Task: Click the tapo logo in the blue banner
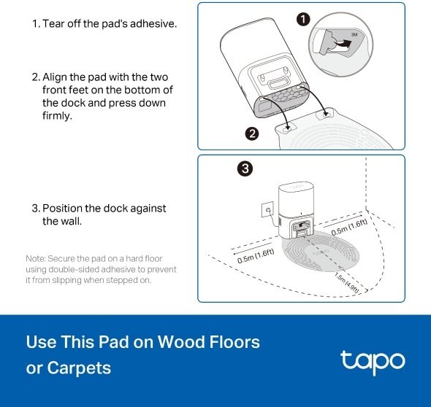coord(373,363)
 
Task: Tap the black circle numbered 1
coord(303,20)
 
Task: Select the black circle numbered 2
coord(252,133)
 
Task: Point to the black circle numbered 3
coord(245,168)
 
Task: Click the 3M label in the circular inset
coord(354,34)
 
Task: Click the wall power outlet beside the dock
coord(267,209)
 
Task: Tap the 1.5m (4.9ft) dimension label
coord(347,283)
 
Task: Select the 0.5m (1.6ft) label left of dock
coord(256,256)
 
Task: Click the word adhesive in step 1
coord(153,23)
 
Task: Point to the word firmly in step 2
coord(57,115)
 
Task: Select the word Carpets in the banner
coord(79,368)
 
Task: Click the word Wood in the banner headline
coord(180,341)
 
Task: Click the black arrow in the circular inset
coord(341,44)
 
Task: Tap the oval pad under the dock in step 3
coord(321,251)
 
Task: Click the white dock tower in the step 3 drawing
coord(296,210)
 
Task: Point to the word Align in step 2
coord(55,77)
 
